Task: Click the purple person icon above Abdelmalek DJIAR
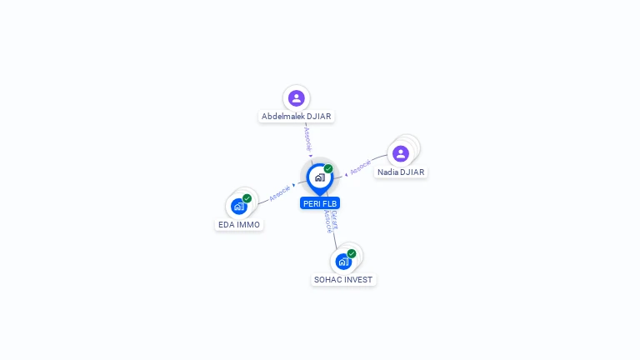(296, 98)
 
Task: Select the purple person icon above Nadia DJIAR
(401, 153)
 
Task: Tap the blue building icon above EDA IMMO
(239, 206)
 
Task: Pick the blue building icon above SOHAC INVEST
(343, 261)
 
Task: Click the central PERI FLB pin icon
(319, 177)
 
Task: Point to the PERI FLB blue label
(320, 203)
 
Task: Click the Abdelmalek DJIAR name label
(297, 117)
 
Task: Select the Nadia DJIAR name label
(401, 172)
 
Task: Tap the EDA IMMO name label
(239, 225)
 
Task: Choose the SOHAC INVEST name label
(343, 280)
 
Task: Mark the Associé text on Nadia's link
(360, 167)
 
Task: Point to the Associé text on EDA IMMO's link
(280, 192)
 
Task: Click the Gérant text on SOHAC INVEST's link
(333, 219)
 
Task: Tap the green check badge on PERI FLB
(328, 168)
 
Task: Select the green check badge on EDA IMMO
(247, 198)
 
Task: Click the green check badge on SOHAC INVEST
(352, 253)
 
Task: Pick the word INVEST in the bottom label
(358, 280)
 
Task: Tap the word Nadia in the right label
(388, 172)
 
